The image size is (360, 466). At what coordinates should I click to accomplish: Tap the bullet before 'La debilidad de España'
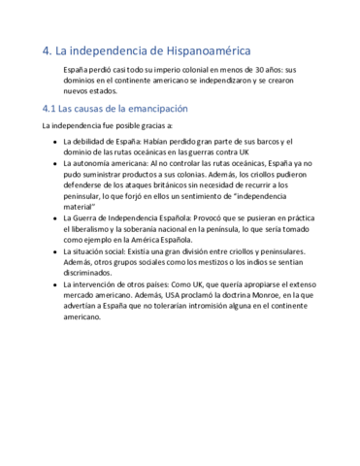[54, 142]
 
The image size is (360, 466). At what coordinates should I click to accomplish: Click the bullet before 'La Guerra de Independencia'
[54, 217]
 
